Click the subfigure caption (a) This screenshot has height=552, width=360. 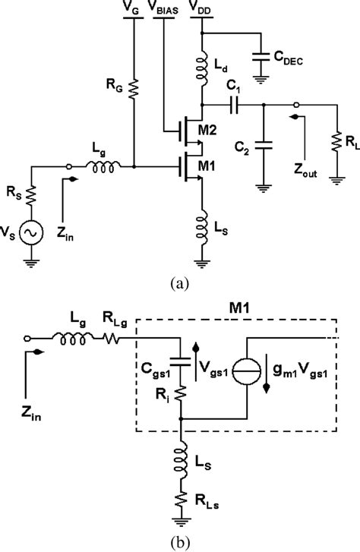179,282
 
